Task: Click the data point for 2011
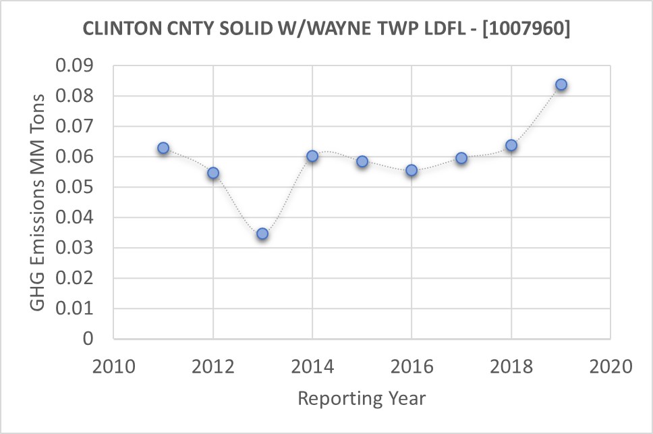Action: tap(163, 148)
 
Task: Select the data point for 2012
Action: tap(213, 173)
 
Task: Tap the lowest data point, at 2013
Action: tap(262, 234)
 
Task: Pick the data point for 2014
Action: tap(312, 156)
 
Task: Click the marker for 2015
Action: tap(362, 161)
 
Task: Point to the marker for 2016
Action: tap(411, 171)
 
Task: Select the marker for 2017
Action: tap(461, 158)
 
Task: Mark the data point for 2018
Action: tap(511, 145)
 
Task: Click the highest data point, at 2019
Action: tap(561, 84)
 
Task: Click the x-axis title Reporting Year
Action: tap(362, 398)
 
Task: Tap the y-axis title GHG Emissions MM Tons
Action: tap(39, 202)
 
